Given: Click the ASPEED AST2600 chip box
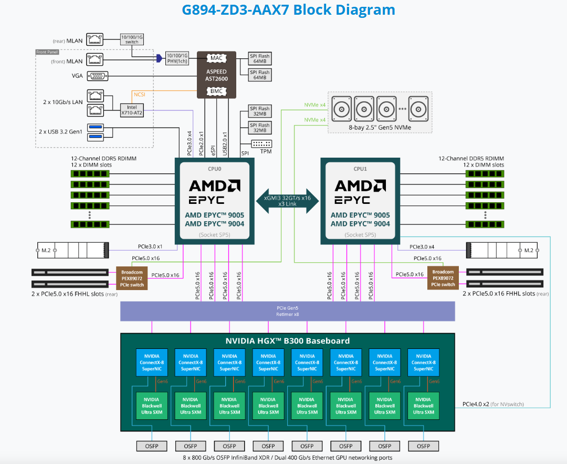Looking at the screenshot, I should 217,75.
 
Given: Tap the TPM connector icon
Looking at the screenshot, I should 261,144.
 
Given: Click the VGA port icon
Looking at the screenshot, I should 97,76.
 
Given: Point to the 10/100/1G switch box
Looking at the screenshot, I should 131,39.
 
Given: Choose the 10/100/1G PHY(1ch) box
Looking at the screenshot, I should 177,58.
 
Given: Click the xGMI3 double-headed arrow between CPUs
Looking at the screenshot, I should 287,200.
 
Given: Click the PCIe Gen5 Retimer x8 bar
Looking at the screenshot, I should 288,311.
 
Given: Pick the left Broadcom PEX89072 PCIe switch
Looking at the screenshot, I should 131,278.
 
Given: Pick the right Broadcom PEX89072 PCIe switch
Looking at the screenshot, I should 443,278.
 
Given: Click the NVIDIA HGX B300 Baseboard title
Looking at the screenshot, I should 287,341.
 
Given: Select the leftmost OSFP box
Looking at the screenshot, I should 152,446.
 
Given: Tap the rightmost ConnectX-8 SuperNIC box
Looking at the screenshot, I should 423,363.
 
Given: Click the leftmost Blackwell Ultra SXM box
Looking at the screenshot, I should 152,406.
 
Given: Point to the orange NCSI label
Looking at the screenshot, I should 139,95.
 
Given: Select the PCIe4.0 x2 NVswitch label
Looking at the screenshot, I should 493,404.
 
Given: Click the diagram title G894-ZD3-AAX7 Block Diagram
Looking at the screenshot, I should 288,9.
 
